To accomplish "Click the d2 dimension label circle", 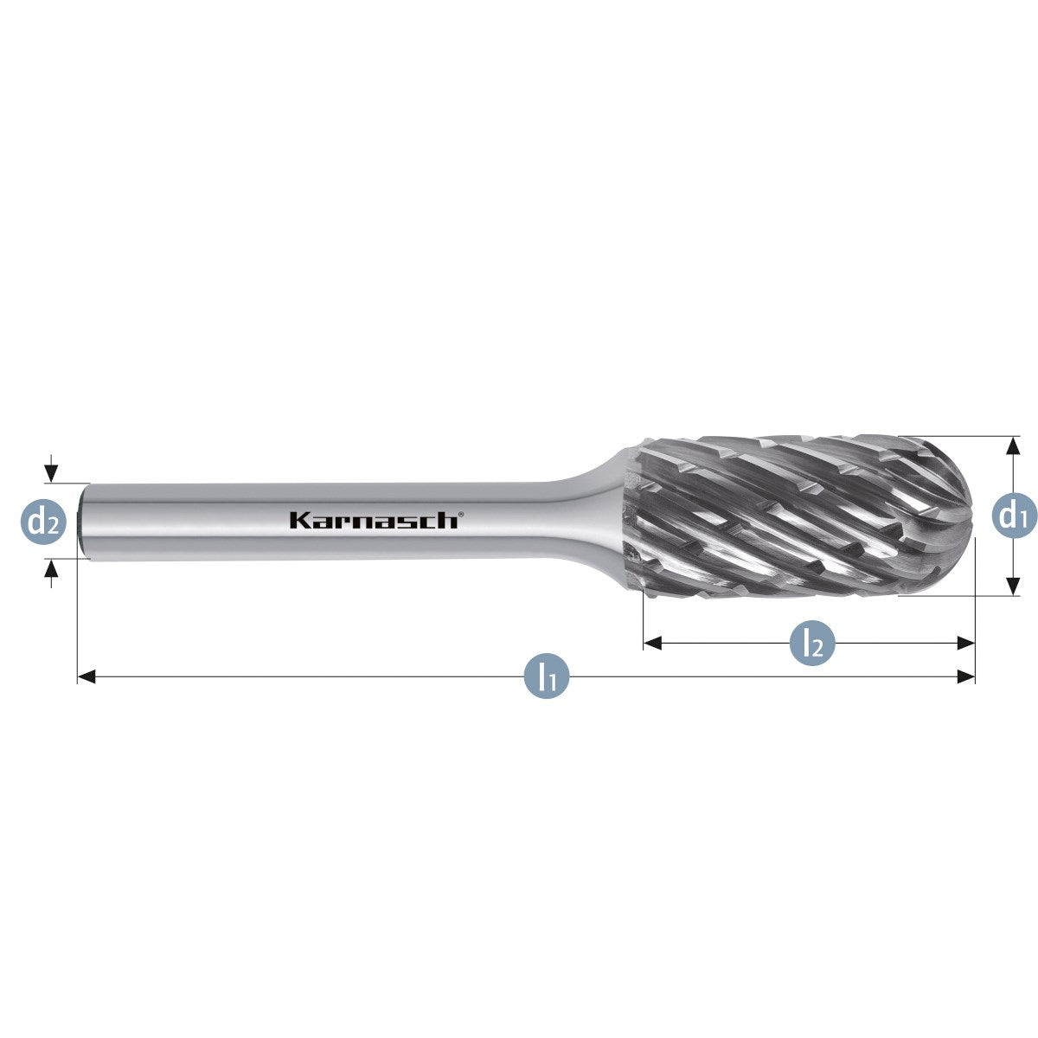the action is pyautogui.click(x=43, y=522).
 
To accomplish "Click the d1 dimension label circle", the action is pyautogui.click(x=1014, y=516).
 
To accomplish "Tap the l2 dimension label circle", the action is pyautogui.click(x=812, y=643).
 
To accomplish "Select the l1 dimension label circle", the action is pyautogui.click(x=547, y=676).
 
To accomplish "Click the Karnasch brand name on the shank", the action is pyautogui.click(x=374, y=520).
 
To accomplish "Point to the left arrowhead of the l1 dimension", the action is pyautogui.click(x=86, y=676).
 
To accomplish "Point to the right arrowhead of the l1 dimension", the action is pyautogui.click(x=966, y=676).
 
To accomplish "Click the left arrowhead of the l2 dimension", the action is pyautogui.click(x=652, y=643).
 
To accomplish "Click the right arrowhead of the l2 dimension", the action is pyautogui.click(x=966, y=643).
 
